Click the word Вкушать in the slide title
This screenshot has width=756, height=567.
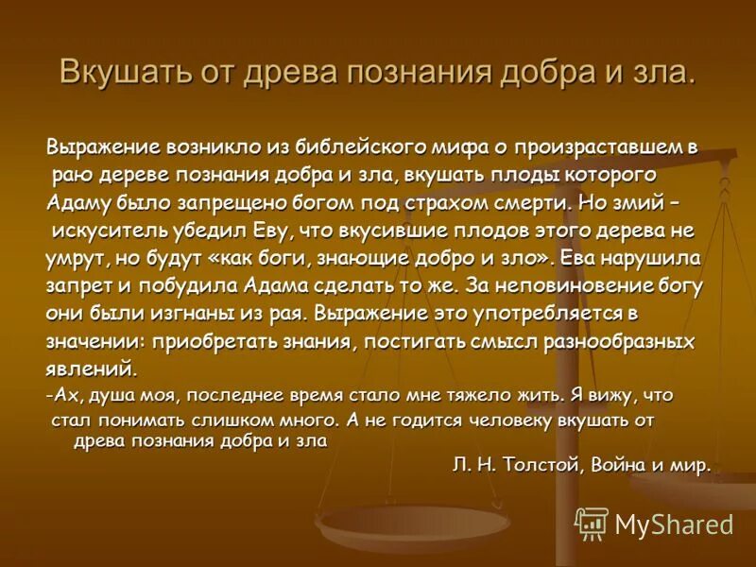tap(112, 74)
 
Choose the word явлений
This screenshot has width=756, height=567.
tap(91, 368)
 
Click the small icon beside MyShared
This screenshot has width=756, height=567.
tap(592, 523)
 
